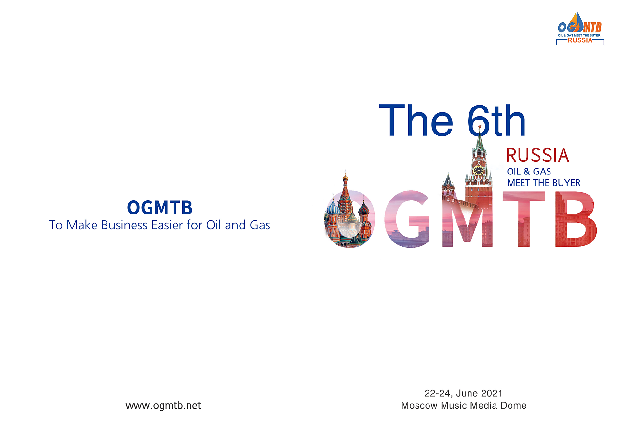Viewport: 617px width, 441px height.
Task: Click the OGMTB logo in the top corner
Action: pyautogui.click(x=580, y=28)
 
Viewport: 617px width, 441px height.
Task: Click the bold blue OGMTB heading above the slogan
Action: pyautogui.click(x=160, y=207)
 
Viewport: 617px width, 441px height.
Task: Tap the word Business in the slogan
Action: pyautogui.click(x=124, y=225)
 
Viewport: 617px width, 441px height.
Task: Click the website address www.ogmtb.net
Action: pyautogui.click(x=163, y=405)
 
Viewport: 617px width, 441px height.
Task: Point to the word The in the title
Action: pyautogui.click(x=416, y=120)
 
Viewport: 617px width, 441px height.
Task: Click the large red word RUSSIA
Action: pyautogui.click(x=537, y=155)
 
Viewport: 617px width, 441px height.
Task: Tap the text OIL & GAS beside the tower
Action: pyautogui.click(x=529, y=172)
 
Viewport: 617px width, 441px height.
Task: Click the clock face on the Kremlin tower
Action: pyautogui.click(x=478, y=170)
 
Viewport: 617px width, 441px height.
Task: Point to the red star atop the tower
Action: pyautogui.click(x=480, y=126)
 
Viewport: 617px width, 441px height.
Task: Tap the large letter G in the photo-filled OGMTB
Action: pyautogui.click(x=407, y=219)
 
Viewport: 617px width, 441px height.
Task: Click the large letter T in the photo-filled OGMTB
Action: pyautogui.click(x=523, y=219)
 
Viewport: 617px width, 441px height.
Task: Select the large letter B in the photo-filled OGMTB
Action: pyautogui.click(x=576, y=219)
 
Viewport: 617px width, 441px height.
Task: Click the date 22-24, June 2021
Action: pyautogui.click(x=464, y=393)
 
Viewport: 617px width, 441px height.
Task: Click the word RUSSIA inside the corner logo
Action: pyautogui.click(x=580, y=40)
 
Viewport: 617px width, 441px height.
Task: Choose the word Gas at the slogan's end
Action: pyautogui.click(x=260, y=225)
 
